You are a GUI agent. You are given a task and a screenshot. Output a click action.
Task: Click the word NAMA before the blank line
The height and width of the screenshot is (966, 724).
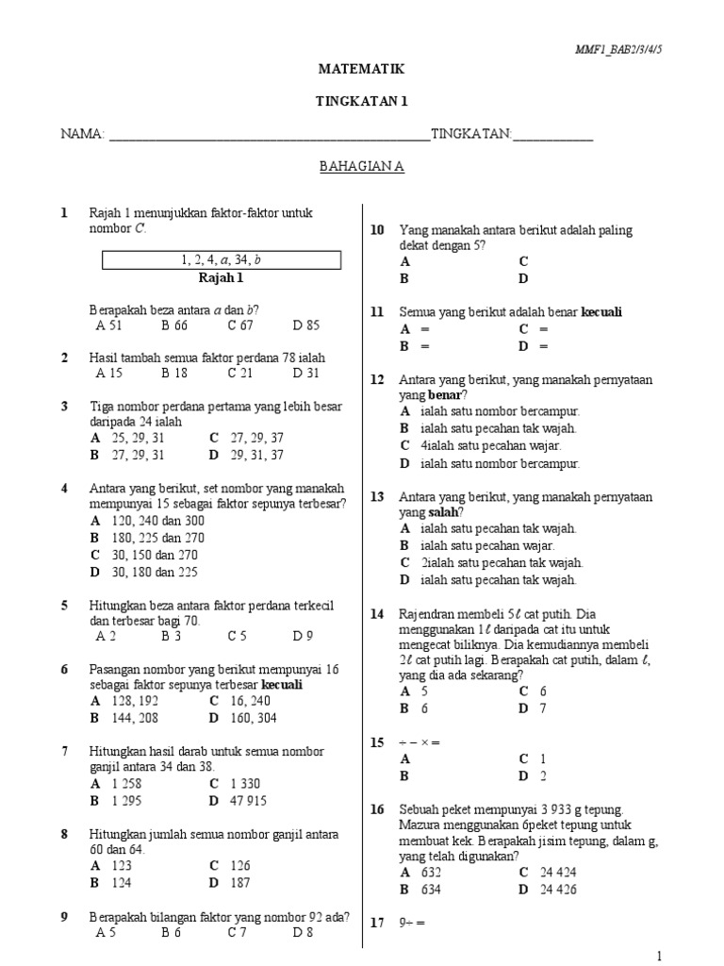[x=82, y=135]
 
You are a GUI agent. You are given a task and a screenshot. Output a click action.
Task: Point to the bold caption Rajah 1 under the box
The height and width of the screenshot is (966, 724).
[x=221, y=278]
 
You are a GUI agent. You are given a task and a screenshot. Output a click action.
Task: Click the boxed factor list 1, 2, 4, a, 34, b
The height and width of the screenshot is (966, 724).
[x=221, y=259]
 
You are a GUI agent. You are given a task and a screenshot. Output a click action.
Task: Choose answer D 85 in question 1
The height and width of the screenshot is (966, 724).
[x=306, y=325]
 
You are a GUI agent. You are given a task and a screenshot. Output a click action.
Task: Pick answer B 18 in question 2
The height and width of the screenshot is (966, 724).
[x=174, y=373]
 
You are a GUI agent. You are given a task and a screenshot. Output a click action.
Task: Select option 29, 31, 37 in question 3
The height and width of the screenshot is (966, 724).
[x=251, y=455]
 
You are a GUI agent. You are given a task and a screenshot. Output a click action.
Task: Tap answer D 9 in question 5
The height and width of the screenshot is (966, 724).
[x=303, y=636]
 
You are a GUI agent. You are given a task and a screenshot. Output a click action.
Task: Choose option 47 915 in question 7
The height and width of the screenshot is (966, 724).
[x=248, y=801]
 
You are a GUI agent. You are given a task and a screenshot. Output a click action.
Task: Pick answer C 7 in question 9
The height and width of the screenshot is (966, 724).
[x=237, y=933]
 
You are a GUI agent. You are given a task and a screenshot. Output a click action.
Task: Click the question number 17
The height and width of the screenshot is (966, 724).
[x=377, y=923]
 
